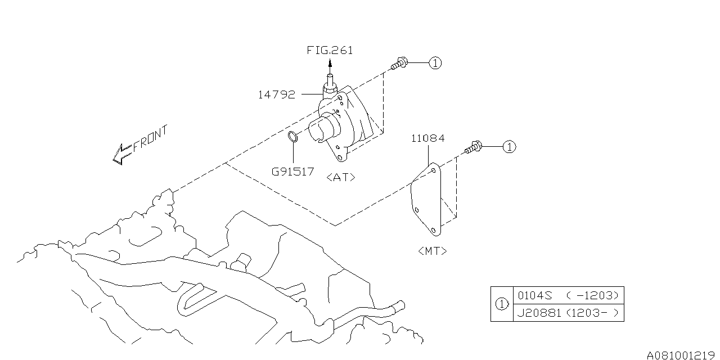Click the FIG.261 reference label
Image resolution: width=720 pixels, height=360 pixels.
330,50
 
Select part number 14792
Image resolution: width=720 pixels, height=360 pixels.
276,94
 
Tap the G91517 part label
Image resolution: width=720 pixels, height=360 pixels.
293,171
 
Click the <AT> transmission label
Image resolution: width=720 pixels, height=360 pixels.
341,177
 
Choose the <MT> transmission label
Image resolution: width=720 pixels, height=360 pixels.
433,251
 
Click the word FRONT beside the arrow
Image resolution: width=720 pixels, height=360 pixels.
150,139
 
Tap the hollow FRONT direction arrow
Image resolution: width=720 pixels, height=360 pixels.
121,154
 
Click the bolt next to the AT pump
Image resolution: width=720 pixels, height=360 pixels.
400,64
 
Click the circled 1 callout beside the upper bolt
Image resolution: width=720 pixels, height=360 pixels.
435,63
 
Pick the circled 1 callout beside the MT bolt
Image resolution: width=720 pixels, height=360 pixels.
508,147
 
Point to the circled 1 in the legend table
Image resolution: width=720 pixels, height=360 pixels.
501,304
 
